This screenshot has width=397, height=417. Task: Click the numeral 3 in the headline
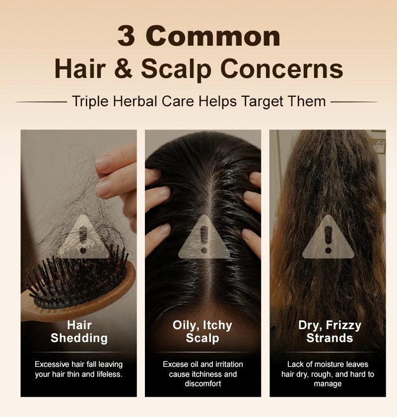click(126, 36)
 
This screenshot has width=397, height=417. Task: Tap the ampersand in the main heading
click(123, 69)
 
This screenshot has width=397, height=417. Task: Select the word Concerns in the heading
click(281, 69)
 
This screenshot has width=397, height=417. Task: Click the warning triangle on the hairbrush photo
click(83, 237)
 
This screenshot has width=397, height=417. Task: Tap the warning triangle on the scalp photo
click(204, 237)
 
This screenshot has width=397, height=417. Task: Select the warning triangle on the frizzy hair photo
click(328, 237)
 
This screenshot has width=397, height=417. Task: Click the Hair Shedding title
click(79, 332)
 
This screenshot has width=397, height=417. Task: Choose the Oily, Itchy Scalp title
click(202, 332)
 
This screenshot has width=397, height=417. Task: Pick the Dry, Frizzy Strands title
click(330, 332)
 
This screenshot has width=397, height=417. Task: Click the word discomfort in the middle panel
click(203, 384)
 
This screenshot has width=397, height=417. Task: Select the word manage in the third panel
click(328, 384)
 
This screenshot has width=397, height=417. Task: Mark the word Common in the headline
click(213, 36)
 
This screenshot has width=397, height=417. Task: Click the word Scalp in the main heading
click(176, 69)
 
